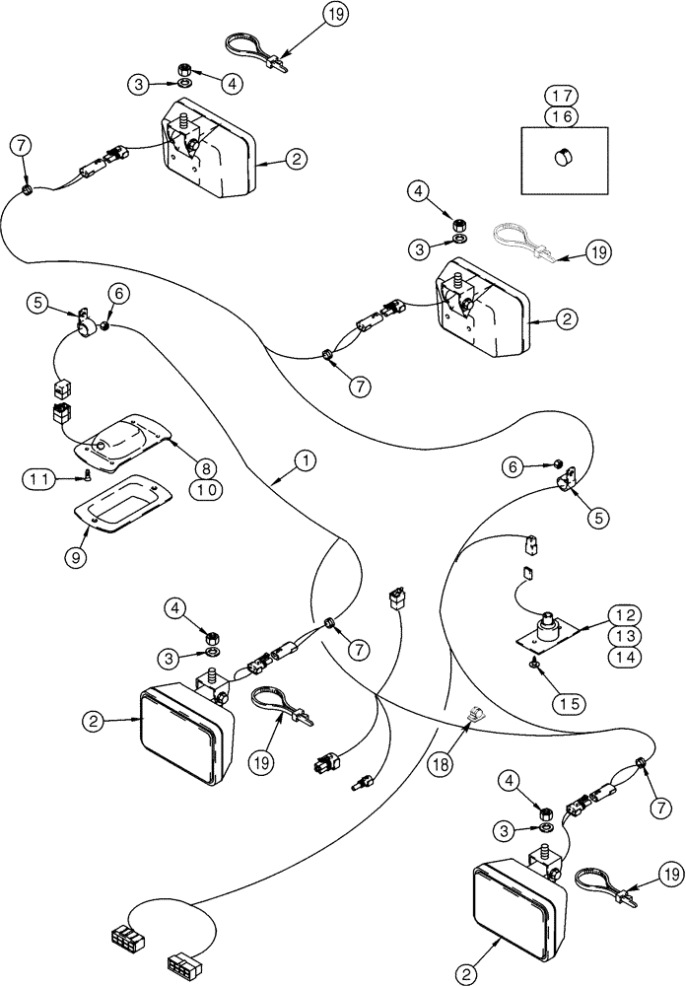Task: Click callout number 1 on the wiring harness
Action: pos(307,459)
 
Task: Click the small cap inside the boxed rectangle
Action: pos(565,156)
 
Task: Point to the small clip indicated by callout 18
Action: pos(471,712)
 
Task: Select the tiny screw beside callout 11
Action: pos(86,477)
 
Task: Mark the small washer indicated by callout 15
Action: pos(533,665)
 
